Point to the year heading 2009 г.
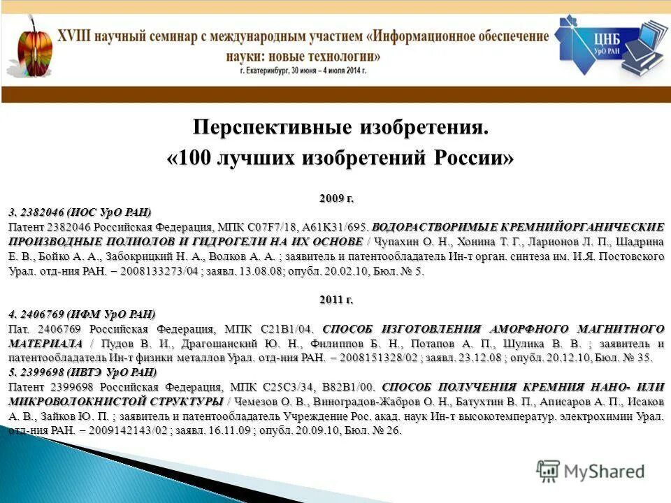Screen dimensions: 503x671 336,199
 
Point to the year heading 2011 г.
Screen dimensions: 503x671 336,300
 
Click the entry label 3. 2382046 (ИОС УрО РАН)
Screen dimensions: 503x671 80,212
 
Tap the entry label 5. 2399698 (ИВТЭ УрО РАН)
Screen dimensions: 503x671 83,371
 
